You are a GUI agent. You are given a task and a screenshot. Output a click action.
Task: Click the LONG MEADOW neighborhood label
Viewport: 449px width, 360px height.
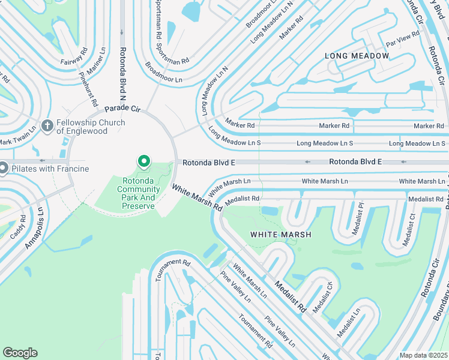(x=357, y=56)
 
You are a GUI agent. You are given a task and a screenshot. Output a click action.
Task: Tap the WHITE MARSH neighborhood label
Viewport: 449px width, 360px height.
(x=280, y=235)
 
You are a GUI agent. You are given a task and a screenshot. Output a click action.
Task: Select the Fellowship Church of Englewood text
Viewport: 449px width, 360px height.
(x=91, y=127)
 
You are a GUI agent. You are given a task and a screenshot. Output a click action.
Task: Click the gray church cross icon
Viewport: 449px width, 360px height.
(x=47, y=126)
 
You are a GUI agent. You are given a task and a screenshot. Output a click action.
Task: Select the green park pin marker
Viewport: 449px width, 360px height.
(x=143, y=162)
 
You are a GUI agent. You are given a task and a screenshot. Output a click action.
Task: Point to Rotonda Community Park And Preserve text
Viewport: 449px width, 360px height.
(x=139, y=193)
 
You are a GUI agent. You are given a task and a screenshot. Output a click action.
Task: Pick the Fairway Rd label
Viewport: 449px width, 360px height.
(x=74, y=57)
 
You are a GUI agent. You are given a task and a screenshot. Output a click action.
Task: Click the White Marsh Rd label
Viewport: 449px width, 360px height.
(x=197, y=197)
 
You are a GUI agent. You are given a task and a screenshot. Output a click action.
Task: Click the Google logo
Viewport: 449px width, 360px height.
(x=20, y=353)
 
